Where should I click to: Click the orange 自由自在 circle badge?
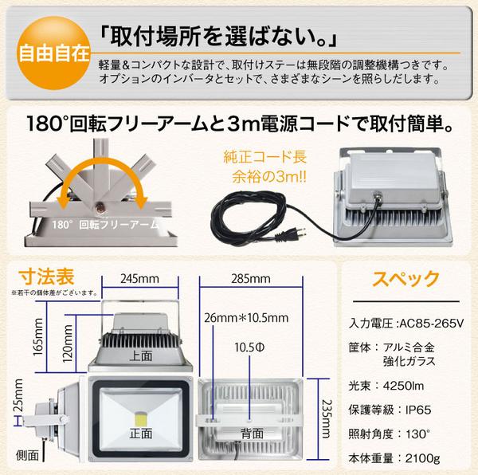coord(50,56)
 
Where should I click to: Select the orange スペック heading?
coord(406,279)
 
